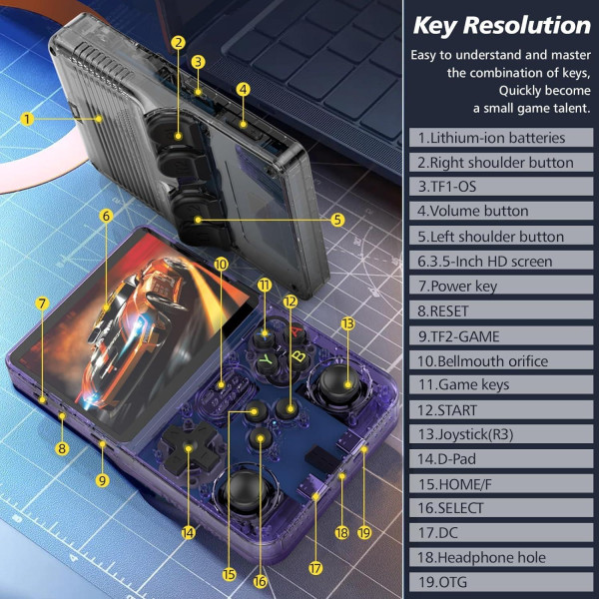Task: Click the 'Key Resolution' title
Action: click(x=501, y=25)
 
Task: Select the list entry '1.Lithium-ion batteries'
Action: click(x=492, y=138)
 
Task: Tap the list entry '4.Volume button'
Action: click(x=473, y=211)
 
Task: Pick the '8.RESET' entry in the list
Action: click(x=443, y=310)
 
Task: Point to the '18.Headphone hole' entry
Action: click(x=482, y=557)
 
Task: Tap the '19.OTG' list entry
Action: click(x=442, y=582)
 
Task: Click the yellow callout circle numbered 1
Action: click(x=27, y=118)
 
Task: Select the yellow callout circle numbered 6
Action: click(x=106, y=215)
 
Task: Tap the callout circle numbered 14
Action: click(x=189, y=533)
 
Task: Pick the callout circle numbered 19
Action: click(x=363, y=533)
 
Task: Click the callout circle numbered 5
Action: click(x=338, y=220)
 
